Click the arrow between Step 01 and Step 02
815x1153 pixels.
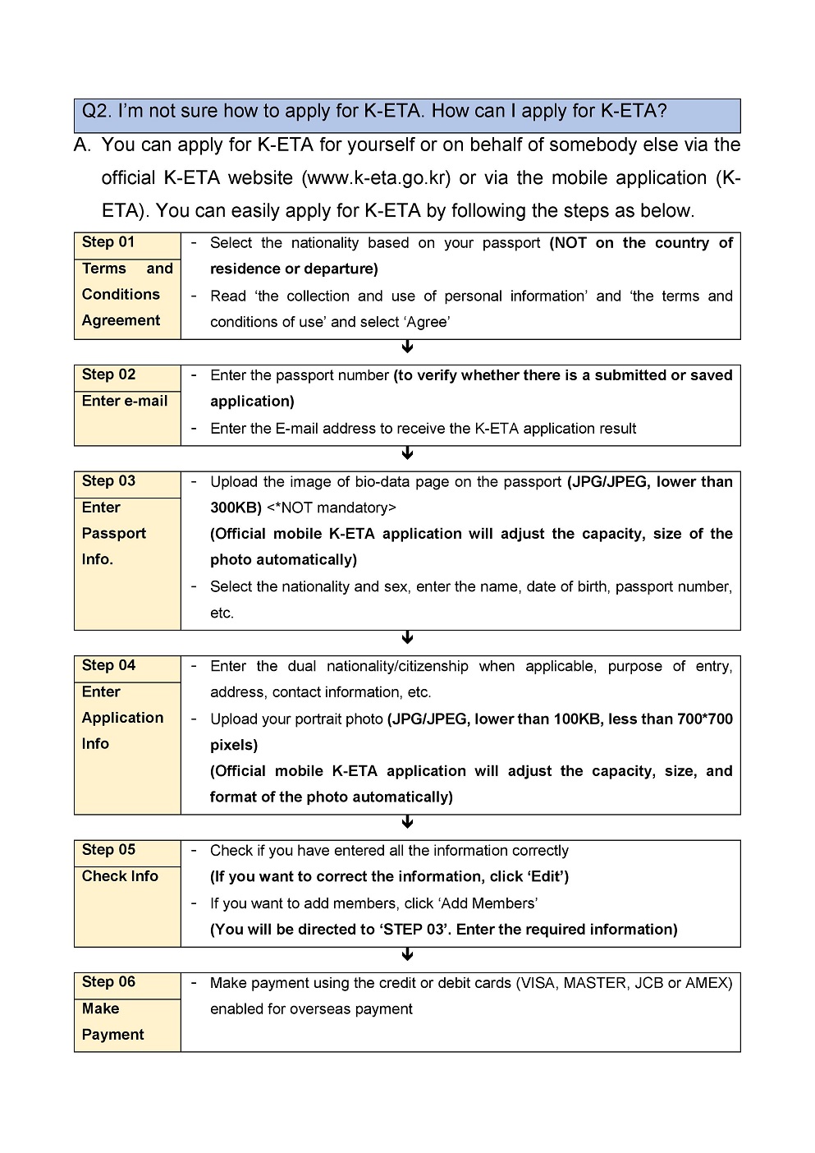click(x=407, y=347)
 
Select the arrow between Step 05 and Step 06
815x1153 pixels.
click(x=407, y=954)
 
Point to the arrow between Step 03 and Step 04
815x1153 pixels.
click(x=407, y=638)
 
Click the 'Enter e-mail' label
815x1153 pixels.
click(x=125, y=401)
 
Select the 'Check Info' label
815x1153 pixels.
click(x=120, y=876)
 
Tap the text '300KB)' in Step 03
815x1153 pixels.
click(x=236, y=508)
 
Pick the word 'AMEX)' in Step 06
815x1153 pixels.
click(x=708, y=983)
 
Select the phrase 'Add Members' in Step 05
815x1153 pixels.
click(x=488, y=903)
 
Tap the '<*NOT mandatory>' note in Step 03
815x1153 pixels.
click(x=332, y=508)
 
